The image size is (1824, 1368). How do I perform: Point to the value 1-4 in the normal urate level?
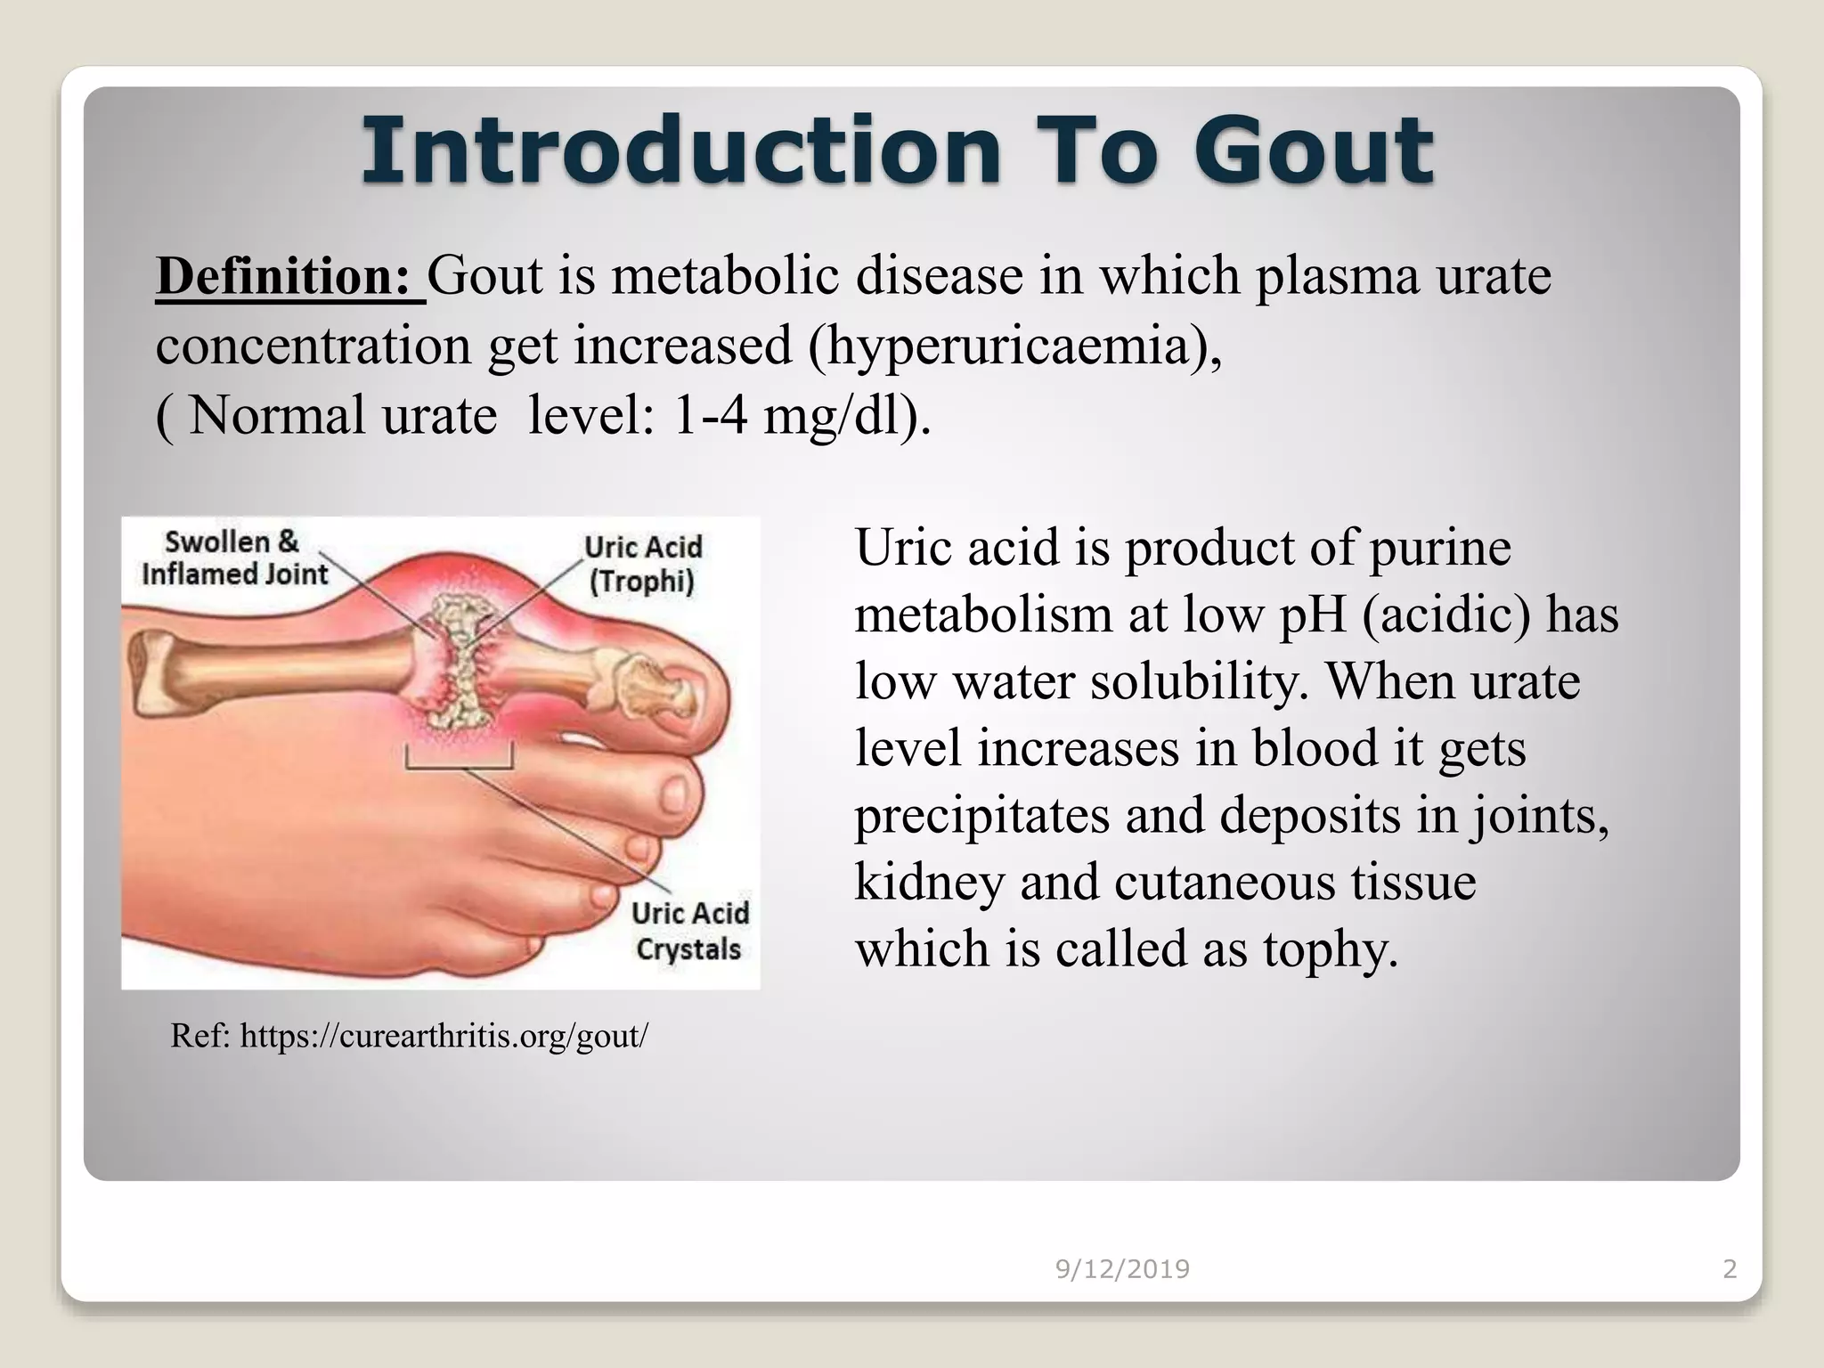(x=710, y=415)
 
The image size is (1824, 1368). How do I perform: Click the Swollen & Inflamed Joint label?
(x=233, y=558)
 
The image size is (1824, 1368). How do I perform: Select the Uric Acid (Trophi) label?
(x=642, y=563)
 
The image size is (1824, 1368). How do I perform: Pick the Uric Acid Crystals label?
(x=688, y=931)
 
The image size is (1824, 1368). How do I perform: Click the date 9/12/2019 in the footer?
(x=1122, y=1268)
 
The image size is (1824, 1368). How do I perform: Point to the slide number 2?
(x=1730, y=1268)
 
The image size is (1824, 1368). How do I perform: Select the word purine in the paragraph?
(x=1439, y=548)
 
